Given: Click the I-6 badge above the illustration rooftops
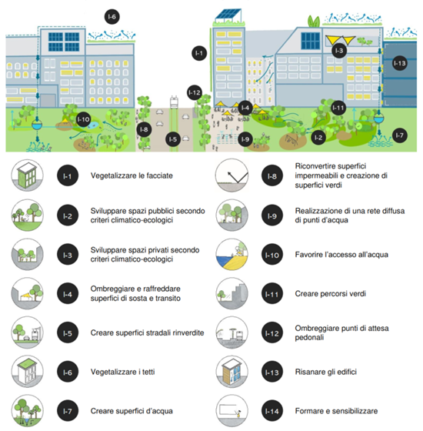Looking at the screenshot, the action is tap(112, 17).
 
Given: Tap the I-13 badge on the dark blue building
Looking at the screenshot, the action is tap(400, 63).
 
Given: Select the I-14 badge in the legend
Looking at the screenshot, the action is tap(272, 411).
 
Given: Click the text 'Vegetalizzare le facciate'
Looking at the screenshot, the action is tap(132, 175).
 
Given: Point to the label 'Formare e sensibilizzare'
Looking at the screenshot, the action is tap(336, 411).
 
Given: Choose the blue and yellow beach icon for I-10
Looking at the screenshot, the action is tap(231, 255).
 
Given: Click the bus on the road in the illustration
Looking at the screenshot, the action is tap(174, 102).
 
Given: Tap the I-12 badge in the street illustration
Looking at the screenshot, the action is tap(195, 92).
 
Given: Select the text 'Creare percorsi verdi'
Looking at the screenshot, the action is tap(331, 293).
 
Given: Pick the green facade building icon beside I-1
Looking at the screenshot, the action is tap(27, 175).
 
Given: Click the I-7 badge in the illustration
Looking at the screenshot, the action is tap(400, 135).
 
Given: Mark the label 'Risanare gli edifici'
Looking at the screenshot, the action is tap(326, 372).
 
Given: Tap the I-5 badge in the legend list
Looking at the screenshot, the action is tap(68, 333).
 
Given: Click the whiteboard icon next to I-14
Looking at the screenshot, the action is tap(231, 411).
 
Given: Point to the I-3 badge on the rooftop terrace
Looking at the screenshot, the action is tap(339, 51).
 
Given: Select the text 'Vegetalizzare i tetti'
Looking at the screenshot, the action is tap(122, 372).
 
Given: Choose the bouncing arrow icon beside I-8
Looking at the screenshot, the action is tap(231, 175).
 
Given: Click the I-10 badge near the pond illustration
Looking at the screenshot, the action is tap(83, 119).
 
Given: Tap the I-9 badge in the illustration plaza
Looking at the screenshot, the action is tap(245, 139).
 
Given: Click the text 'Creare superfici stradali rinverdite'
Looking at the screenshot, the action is tap(147, 332).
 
